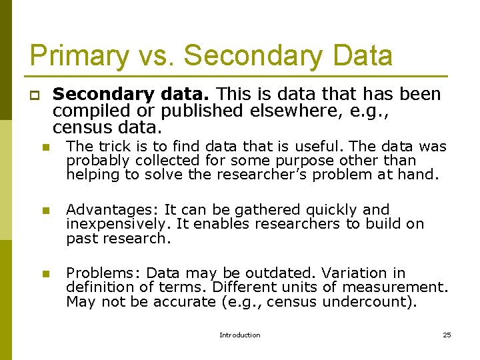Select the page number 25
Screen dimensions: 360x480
click(x=447, y=335)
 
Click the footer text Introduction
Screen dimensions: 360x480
click(x=240, y=335)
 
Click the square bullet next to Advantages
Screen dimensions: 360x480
click(x=45, y=211)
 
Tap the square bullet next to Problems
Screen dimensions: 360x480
click(x=45, y=274)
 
